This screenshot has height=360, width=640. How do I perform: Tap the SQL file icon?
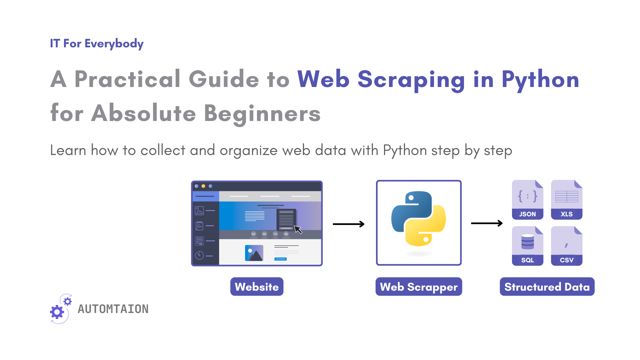click(x=527, y=246)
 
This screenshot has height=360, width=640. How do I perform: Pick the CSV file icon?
click(x=566, y=246)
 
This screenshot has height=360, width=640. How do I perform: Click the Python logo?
click(x=419, y=219)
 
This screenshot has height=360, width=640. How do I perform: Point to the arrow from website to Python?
click(x=348, y=224)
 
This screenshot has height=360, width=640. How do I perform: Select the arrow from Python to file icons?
click(x=486, y=223)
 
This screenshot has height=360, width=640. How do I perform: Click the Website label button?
click(x=257, y=287)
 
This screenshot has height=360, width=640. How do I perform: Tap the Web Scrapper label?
click(x=419, y=287)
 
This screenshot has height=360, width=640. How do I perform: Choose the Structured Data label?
click(x=547, y=287)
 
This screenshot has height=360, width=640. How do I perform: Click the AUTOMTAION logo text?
click(x=113, y=309)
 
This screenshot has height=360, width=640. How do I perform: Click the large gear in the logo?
click(x=57, y=312)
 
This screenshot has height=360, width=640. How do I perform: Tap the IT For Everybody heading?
click(x=97, y=44)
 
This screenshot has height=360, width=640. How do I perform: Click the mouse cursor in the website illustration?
click(x=298, y=229)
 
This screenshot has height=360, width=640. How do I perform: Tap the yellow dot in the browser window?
click(x=203, y=186)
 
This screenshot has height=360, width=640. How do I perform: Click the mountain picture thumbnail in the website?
click(x=254, y=253)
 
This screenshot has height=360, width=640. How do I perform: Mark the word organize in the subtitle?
click(x=249, y=151)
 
